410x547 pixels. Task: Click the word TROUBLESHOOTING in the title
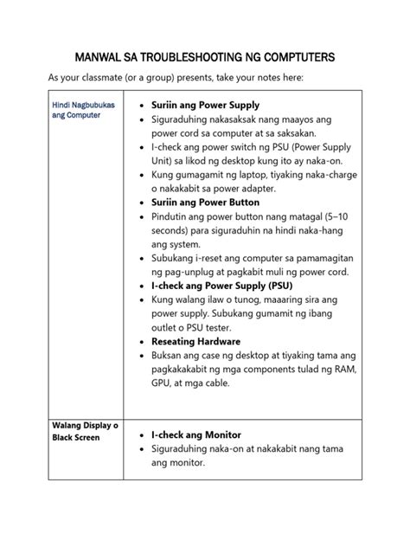175,57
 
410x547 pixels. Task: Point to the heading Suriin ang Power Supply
205,105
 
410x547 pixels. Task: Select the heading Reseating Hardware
196,340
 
